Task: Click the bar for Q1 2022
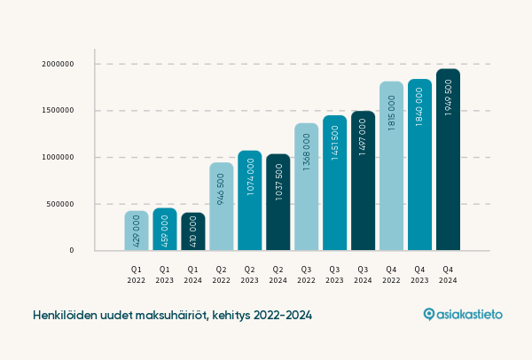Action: click(x=137, y=231)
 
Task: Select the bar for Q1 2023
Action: click(x=165, y=229)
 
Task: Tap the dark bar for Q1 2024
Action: click(x=193, y=231)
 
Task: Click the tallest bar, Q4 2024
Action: click(x=448, y=160)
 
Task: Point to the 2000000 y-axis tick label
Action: click(x=58, y=65)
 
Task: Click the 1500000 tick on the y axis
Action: click(x=58, y=111)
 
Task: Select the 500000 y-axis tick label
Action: click(x=60, y=204)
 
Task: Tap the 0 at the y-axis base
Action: click(x=72, y=250)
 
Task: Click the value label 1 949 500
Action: click(x=448, y=99)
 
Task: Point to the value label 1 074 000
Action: click(x=250, y=176)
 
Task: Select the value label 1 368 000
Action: click(x=307, y=152)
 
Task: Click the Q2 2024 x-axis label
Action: click(x=278, y=273)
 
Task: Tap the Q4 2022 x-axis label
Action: click(x=391, y=273)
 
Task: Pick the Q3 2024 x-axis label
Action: click(x=363, y=273)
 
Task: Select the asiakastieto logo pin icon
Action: click(x=429, y=314)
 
